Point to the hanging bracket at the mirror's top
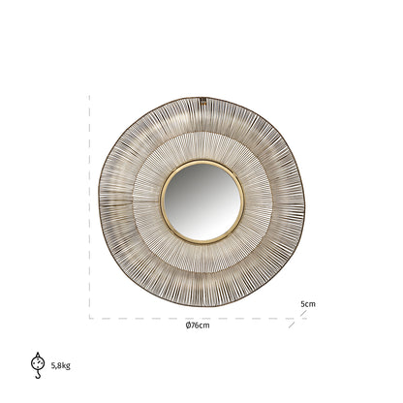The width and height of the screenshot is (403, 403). [202, 100]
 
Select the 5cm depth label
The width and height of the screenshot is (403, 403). [307, 303]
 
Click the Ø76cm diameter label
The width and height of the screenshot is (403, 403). [199, 326]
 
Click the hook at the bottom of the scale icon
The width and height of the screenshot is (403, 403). [37, 373]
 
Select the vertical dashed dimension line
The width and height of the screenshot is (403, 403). [90, 208]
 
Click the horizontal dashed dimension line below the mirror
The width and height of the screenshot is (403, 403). [194, 318]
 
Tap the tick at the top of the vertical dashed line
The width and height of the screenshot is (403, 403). [90, 97]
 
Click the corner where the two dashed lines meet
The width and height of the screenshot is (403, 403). [90, 318]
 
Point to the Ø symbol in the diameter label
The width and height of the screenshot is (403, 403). [187, 326]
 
